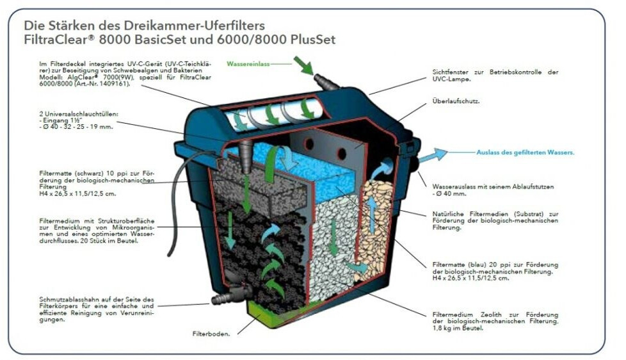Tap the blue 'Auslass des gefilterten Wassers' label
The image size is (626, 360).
tap(526, 152)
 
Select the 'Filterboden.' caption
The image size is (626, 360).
tap(211, 334)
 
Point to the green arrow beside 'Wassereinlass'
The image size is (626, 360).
tap(303, 65)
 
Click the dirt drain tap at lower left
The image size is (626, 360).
tap(227, 295)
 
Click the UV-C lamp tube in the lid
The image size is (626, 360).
tap(269, 115)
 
